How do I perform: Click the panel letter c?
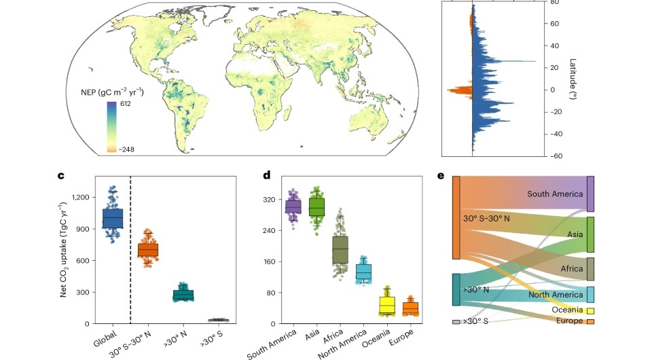click(60, 176)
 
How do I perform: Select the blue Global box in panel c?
click(112, 218)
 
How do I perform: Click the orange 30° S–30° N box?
click(147, 251)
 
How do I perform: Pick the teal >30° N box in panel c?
click(183, 295)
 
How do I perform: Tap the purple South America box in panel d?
click(293, 206)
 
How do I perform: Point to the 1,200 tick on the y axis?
click(79, 197)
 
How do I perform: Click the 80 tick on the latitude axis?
click(554, 2)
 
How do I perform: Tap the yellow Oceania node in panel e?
click(590, 310)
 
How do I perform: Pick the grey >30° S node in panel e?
click(456, 322)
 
